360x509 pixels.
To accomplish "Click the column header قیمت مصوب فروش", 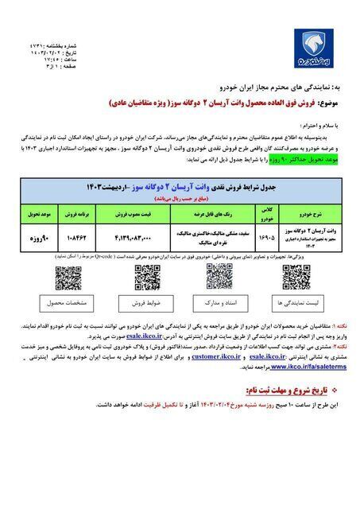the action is pos(125,215).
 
